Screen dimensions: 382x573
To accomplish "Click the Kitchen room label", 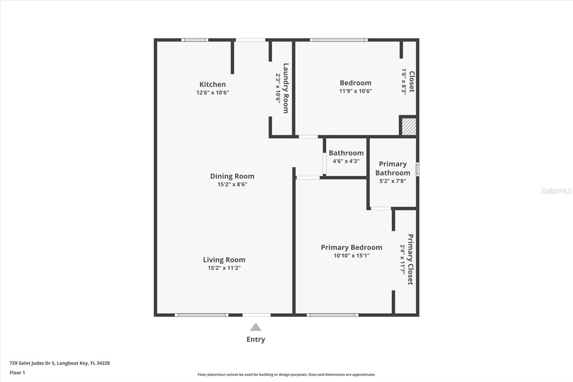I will (x=212, y=85).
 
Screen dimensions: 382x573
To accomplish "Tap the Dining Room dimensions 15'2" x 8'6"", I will (x=232, y=185).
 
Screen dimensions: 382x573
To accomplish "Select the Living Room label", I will (x=224, y=260).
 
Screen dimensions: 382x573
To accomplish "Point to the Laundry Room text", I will (x=285, y=88).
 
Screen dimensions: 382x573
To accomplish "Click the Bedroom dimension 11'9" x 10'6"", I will (x=355, y=91).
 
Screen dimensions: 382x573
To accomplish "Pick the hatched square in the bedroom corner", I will (x=409, y=126).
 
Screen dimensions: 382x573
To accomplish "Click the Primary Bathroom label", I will (x=393, y=168).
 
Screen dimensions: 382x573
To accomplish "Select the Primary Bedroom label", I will (x=351, y=247).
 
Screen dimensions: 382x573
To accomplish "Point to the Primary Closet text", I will (x=410, y=259).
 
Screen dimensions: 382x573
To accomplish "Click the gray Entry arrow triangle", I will (x=255, y=327).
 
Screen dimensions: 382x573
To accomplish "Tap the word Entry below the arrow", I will (x=255, y=339).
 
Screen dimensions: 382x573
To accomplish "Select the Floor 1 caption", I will (x=17, y=373).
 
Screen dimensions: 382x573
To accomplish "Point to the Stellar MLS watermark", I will (x=556, y=191).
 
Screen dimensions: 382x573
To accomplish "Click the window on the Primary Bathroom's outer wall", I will (x=417, y=169).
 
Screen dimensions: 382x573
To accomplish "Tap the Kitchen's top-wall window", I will (x=194, y=40).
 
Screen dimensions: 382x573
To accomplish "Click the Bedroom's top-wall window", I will (x=338, y=40).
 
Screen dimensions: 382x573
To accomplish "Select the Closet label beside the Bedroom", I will (x=411, y=82).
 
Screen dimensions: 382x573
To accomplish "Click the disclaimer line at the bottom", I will (x=286, y=374).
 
